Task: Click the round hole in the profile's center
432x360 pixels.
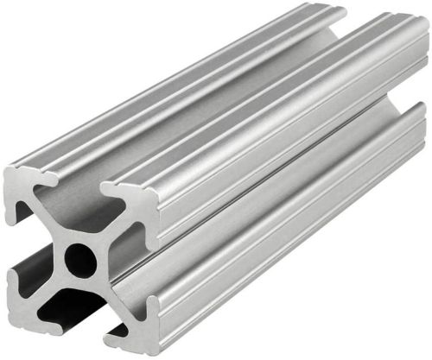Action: tap(79, 259)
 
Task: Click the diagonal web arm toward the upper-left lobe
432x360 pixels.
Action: tap(52, 220)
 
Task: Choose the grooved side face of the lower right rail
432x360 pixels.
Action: tap(285, 233)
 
